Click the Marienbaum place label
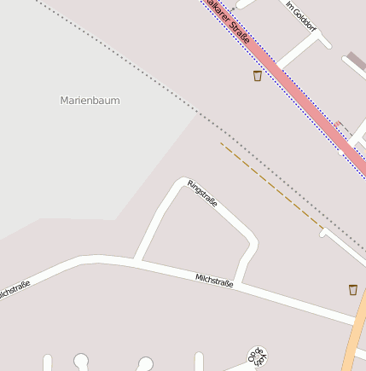tap(90, 101)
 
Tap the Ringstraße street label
tap(203, 194)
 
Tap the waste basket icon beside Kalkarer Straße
tap(258, 76)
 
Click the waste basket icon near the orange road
tap(353, 290)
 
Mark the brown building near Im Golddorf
tap(355, 61)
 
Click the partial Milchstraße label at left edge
tap(13, 290)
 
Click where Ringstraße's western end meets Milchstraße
tap(138, 259)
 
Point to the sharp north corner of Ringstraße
tap(180, 182)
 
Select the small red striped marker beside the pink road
tap(339, 125)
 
